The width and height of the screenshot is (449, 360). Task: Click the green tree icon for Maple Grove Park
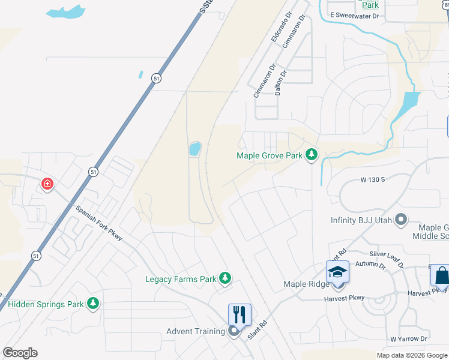pos(311,155)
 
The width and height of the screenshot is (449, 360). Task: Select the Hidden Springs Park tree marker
pos(92,304)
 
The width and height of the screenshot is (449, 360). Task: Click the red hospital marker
pos(47,184)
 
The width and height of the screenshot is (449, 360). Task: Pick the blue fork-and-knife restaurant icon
pos(239,313)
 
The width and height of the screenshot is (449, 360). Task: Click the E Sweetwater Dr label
pos(354,16)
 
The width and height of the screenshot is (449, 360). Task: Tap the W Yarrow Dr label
pos(408,339)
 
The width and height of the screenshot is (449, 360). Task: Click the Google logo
pos(20,353)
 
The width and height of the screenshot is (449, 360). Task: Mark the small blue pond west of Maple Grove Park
pos(194,149)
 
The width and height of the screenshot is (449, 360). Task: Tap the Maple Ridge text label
pos(304,284)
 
